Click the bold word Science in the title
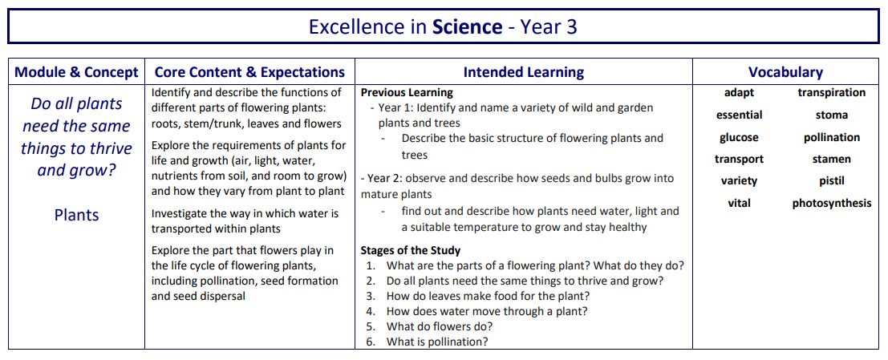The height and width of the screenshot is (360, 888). pos(467,27)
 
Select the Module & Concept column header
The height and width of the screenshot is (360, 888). pos(76,72)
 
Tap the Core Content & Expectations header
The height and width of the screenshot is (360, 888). pos(249,72)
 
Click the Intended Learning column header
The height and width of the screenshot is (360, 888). pos(523,72)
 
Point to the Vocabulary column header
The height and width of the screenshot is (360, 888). pos(785,72)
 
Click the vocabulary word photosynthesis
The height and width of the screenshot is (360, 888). pos(831,203)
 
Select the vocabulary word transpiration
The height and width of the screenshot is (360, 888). pos(831,93)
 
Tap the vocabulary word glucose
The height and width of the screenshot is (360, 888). pos(739,137)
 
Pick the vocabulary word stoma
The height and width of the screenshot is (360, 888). pos(831,115)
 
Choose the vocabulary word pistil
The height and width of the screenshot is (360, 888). pos(831,181)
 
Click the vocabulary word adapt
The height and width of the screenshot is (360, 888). pos(739,93)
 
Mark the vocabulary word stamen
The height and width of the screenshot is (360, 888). pos(831,160)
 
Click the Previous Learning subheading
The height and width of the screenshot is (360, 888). pos(407,93)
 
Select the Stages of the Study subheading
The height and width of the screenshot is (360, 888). pos(410,250)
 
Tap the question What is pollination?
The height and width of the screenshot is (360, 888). pos(437,342)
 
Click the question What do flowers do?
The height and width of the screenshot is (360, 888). pos(439,326)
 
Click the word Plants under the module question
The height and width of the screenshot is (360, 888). pos(76,215)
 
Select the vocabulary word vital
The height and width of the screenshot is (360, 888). pos(739,203)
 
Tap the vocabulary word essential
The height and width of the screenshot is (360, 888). pos(739,115)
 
